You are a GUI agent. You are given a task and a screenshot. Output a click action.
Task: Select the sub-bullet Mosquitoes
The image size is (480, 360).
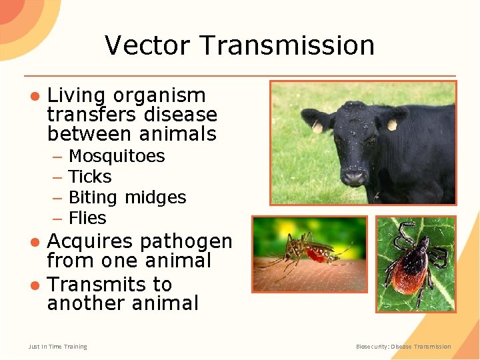tap(117, 156)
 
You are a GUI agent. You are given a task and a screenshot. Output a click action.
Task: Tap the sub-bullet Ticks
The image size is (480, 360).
tap(90, 177)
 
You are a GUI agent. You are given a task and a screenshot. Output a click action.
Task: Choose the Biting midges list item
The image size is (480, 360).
tap(127, 197)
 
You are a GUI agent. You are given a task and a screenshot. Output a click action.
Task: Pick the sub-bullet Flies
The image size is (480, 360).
tap(87, 218)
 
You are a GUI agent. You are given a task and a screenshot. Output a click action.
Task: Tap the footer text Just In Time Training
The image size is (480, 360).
tap(57, 347)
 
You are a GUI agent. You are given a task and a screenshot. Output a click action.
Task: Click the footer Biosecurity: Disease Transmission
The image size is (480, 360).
tap(403, 347)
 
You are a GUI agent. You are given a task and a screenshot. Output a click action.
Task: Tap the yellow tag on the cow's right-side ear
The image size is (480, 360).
tap(392, 125)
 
